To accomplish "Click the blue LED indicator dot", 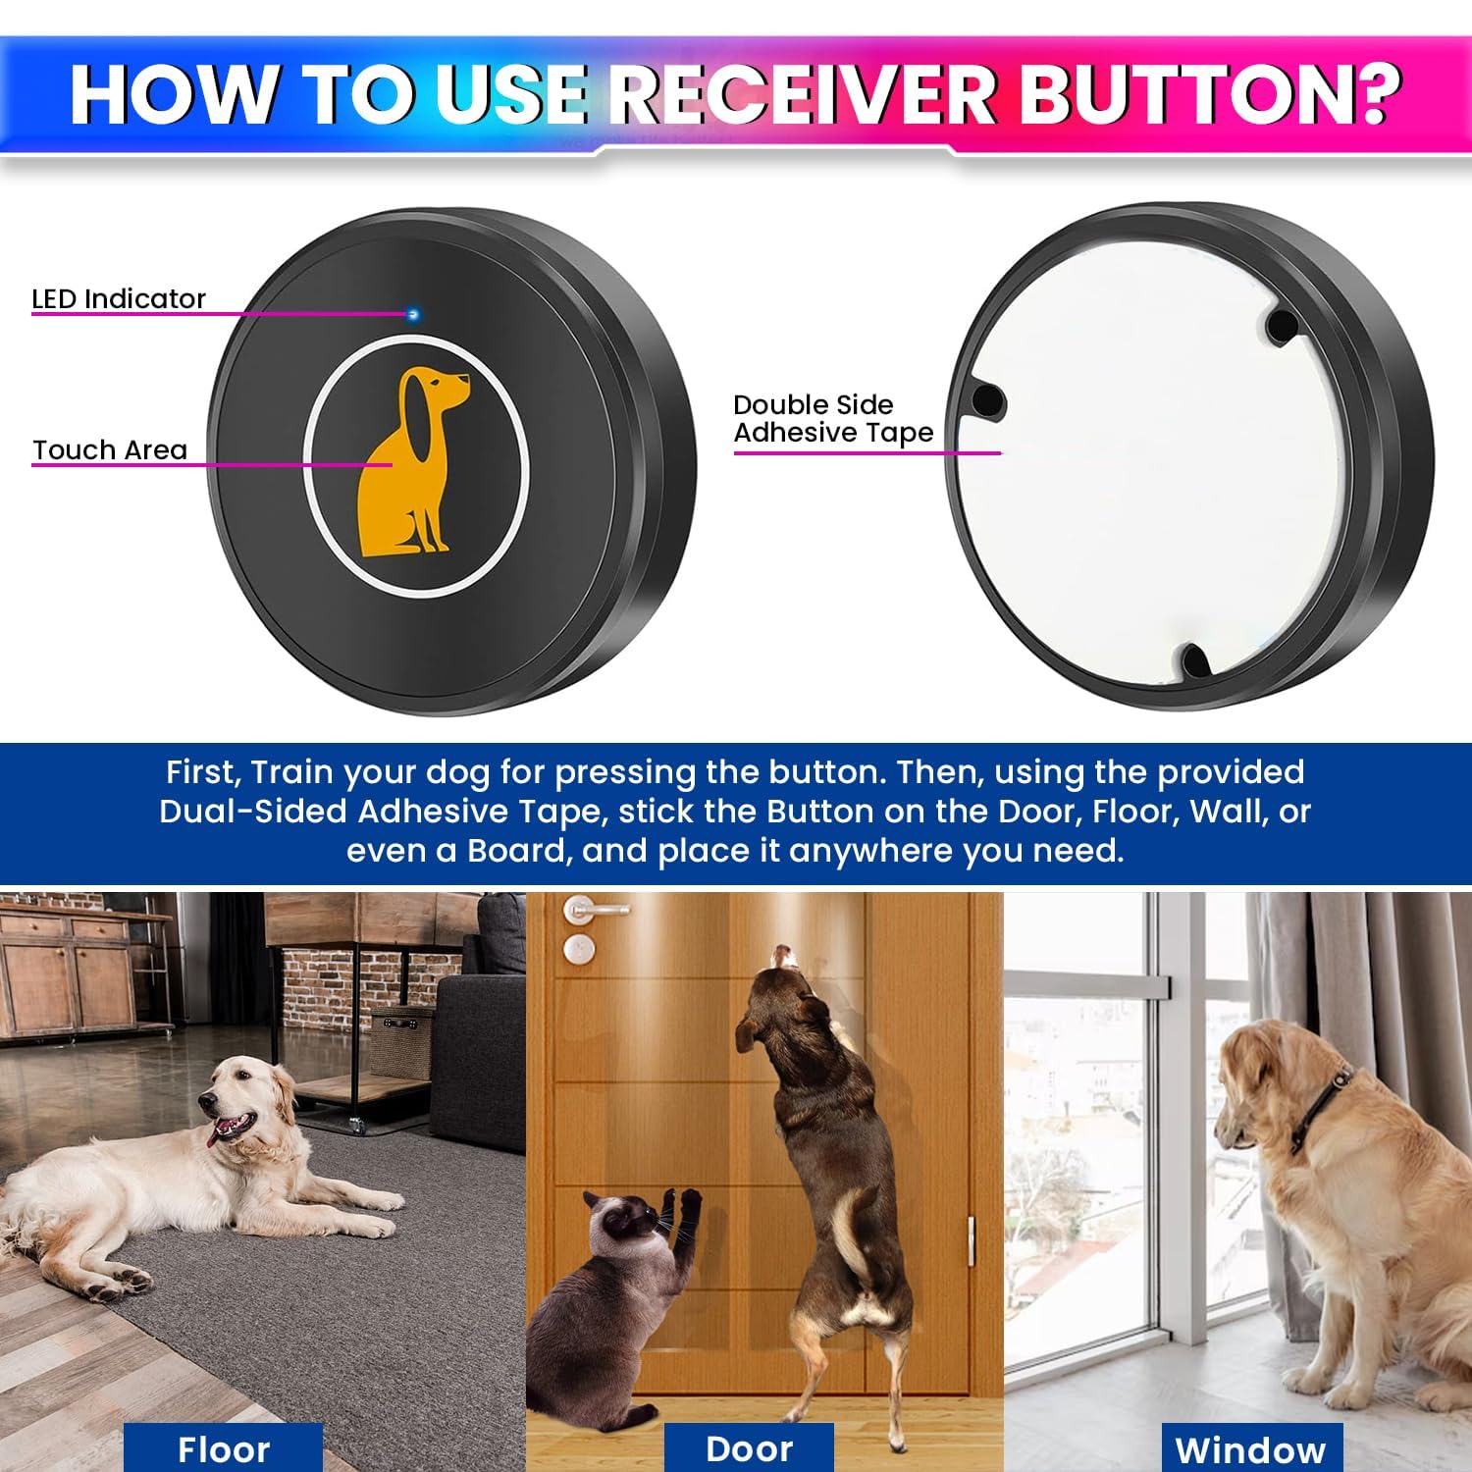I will [x=413, y=315].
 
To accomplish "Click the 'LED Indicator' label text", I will [x=119, y=298].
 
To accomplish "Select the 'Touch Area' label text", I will [x=110, y=449].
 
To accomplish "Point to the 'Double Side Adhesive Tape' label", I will [x=832, y=419].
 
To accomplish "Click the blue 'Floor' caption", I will [x=223, y=1448].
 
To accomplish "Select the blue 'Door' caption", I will [x=749, y=1447].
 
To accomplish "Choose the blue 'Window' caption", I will [x=1250, y=1449].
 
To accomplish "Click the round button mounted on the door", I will [x=578, y=949].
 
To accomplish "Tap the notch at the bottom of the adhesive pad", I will [x=1194, y=659].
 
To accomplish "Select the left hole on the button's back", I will [x=987, y=399].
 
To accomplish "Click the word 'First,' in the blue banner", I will [x=202, y=772].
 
